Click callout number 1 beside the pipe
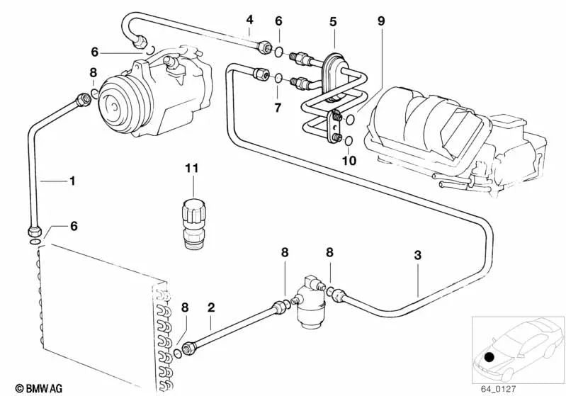[72, 181]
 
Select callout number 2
[210, 308]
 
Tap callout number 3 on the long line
[418, 256]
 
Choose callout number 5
[333, 22]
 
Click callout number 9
[381, 21]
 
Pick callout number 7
[278, 108]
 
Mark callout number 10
[349, 161]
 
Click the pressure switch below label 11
[193, 220]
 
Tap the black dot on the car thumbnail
[490, 358]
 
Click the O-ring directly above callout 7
[279, 77]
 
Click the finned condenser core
[99, 312]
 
